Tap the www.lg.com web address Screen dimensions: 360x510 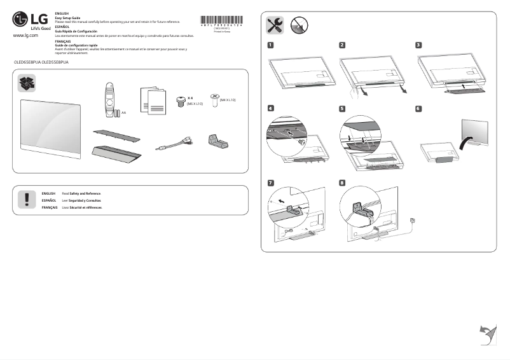[25, 36]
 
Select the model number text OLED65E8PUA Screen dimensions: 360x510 [28, 64]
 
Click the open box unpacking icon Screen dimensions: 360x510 [27, 82]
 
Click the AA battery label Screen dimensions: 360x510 [124, 113]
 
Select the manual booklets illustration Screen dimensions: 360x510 [153, 99]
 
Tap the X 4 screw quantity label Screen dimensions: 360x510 [190, 99]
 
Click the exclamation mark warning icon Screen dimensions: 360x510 [27, 199]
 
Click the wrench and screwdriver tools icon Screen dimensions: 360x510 [275, 25]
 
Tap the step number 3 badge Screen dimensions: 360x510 [418, 45]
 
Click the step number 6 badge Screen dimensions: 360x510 [418, 109]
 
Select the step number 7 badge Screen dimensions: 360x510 [271, 183]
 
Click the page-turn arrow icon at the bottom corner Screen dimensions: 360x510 [487, 333]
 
